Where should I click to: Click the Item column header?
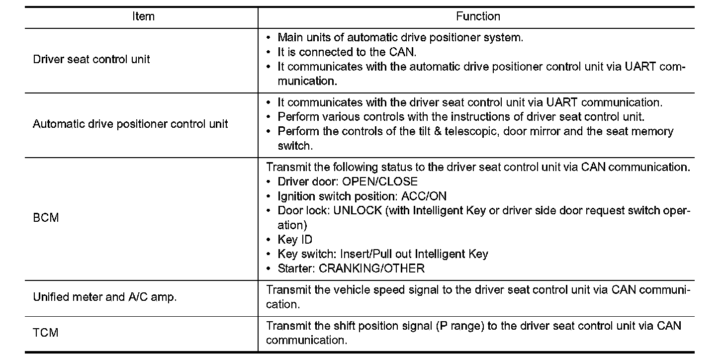[x=143, y=17]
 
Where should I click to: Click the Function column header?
[x=478, y=17]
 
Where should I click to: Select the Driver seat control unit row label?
[x=91, y=59]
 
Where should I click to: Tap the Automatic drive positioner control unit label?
[x=130, y=124]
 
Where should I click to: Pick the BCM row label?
[x=46, y=218]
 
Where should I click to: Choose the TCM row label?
[x=46, y=333]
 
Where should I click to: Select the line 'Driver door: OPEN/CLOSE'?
[x=348, y=181]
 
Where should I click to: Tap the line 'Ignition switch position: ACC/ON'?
[x=362, y=196]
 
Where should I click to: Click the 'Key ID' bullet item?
[x=295, y=240]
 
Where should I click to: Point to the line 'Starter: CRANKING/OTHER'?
[x=351, y=269]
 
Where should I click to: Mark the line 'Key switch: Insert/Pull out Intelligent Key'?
[x=383, y=254]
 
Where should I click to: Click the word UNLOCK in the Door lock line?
[x=358, y=210]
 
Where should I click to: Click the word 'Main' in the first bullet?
[x=288, y=37]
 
